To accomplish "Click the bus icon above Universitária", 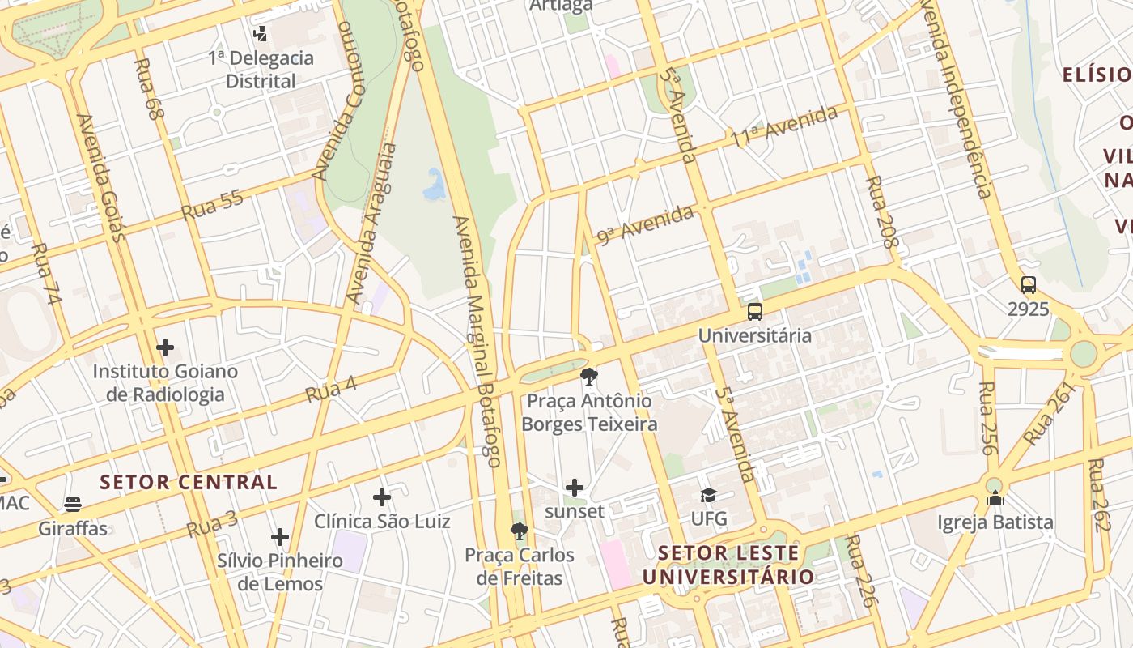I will [x=754, y=311].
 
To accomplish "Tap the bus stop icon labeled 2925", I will [x=1028, y=285].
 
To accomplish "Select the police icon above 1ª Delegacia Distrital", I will [x=260, y=34].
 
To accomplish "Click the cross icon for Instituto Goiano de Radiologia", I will [x=165, y=347].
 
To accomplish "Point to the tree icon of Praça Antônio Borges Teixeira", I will [x=588, y=376].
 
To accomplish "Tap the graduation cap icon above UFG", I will [x=708, y=494].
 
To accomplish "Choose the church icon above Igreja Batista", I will [x=995, y=498].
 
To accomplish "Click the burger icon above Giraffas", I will [x=73, y=505].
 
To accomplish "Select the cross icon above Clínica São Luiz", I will [x=382, y=497].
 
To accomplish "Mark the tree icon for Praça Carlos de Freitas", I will [x=519, y=531].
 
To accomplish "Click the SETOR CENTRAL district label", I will [x=189, y=482].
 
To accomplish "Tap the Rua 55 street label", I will [x=212, y=205].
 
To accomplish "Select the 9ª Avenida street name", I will [x=645, y=224].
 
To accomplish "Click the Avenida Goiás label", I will [x=101, y=178].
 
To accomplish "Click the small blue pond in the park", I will [x=435, y=185].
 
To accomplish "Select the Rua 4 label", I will [x=331, y=389].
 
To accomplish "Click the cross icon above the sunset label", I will [x=575, y=487].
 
